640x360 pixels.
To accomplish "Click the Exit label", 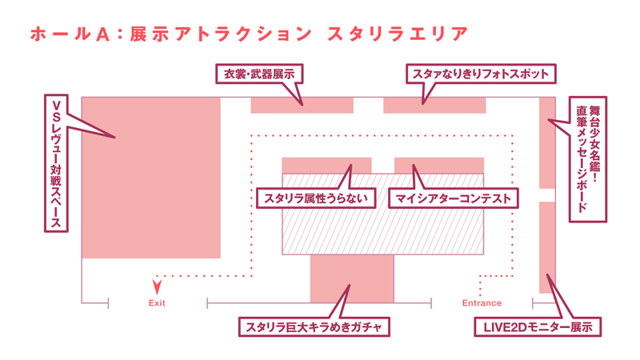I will (157, 303).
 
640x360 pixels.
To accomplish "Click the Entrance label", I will (482, 303).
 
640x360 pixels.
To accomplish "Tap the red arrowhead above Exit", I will (157, 284).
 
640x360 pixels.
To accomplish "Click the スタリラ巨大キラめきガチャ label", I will (314, 327).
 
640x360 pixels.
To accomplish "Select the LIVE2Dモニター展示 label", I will (537, 327).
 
